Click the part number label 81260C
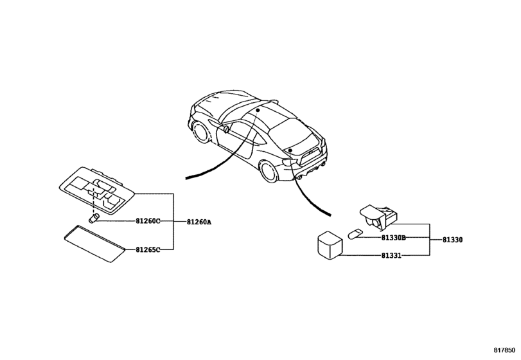(148, 221)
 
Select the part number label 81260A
(199, 222)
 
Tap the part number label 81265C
(148, 249)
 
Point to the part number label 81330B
(393, 237)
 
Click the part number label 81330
(452, 240)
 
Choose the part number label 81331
(391, 256)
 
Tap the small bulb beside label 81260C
(93, 219)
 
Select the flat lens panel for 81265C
(95, 244)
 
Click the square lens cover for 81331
(330, 245)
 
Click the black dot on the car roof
(258, 110)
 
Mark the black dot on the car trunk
(290, 150)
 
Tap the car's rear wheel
(269, 171)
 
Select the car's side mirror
(225, 129)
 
